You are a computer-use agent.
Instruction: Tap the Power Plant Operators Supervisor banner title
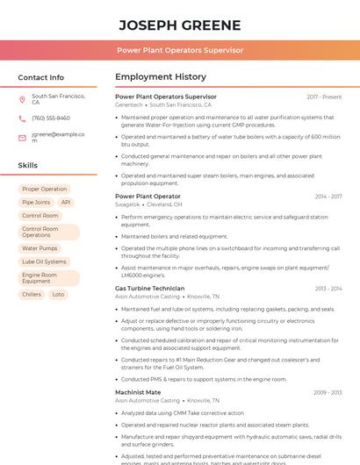click(x=179, y=50)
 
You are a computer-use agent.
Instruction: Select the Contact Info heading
click(x=40, y=77)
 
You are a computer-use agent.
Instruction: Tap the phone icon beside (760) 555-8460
click(x=22, y=118)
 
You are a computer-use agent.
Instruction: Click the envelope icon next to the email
click(x=22, y=138)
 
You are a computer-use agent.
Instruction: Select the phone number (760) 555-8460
click(x=51, y=118)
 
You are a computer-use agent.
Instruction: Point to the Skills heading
click(x=27, y=165)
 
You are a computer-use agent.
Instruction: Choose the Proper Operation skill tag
click(x=44, y=189)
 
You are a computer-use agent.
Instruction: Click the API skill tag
click(x=66, y=202)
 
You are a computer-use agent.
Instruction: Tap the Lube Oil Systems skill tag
click(x=44, y=261)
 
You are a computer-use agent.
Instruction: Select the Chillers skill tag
click(x=32, y=295)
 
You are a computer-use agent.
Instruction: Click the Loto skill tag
click(x=59, y=295)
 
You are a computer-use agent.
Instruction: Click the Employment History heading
click(x=161, y=77)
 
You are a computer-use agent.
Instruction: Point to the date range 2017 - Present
click(x=324, y=97)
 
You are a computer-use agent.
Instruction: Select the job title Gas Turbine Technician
click(x=149, y=288)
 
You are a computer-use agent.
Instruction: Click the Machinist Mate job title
click(x=138, y=392)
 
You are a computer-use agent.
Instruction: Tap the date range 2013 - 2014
click(x=328, y=288)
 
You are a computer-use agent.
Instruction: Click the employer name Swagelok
click(x=127, y=204)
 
